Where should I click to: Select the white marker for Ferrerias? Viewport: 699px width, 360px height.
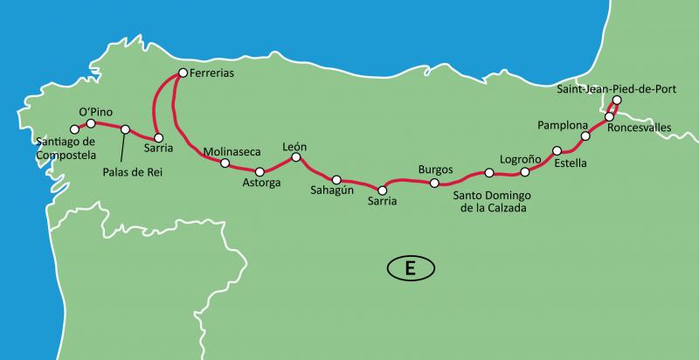click(183, 73)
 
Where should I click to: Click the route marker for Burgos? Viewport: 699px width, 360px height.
click(434, 183)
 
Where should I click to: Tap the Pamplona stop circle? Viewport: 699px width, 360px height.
click(585, 136)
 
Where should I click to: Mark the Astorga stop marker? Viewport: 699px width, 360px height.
click(260, 171)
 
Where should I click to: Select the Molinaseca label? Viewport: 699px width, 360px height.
click(232, 151)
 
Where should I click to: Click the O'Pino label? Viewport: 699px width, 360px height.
click(96, 111)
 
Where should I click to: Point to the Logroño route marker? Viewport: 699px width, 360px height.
click(525, 172)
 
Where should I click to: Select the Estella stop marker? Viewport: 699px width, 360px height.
click(557, 150)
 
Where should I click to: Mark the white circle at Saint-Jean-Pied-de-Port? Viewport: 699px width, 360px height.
click(616, 101)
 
